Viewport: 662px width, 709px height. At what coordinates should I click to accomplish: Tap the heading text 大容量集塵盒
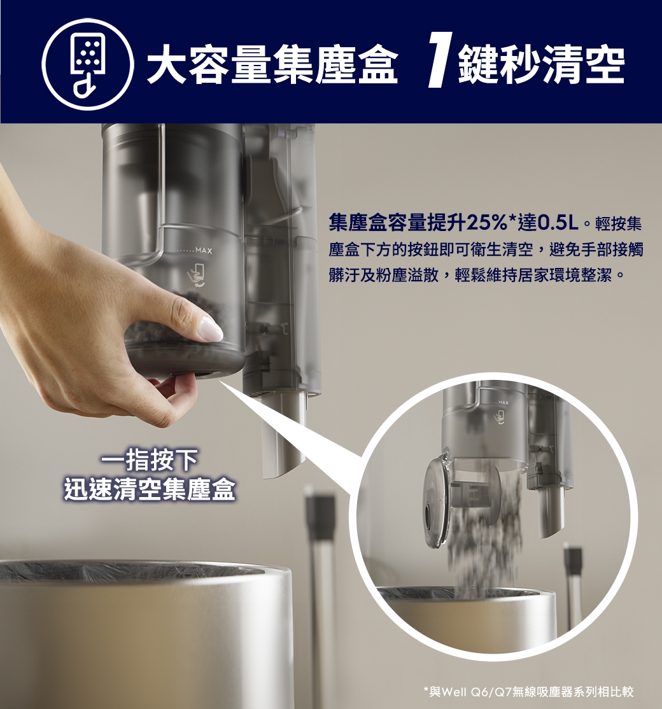point(272,65)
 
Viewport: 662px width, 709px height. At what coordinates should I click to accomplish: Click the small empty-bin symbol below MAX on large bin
point(196,276)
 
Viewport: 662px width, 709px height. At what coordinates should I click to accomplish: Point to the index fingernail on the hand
point(210,329)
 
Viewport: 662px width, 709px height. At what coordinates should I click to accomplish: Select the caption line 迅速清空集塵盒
point(150,491)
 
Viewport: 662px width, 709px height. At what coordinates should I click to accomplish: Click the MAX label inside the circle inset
point(504,404)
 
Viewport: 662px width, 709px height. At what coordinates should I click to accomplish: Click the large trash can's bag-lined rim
point(127,572)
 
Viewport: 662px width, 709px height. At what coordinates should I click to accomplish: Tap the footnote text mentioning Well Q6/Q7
point(528,691)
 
